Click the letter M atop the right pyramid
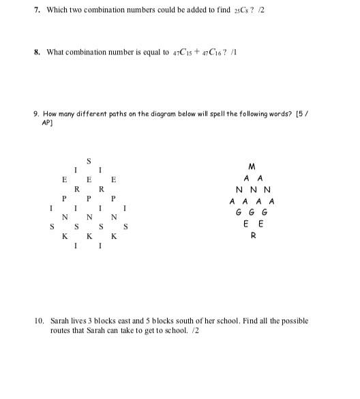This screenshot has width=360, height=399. [x=252, y=166]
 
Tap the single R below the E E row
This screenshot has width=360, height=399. [x=253, y=236]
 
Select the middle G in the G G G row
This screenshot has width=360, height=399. [x=252, y=212]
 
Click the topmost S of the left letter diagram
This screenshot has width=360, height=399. [x=89, y=160]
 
